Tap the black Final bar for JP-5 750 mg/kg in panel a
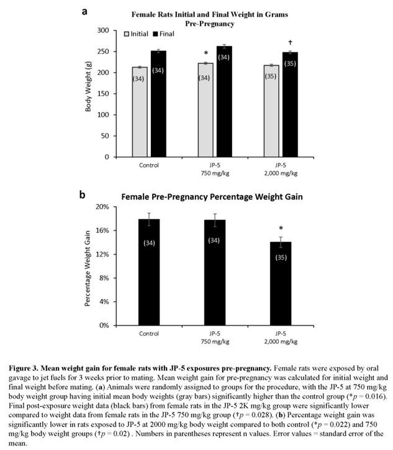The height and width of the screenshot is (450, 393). click(224, 102)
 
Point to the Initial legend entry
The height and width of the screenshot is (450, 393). click(138, 33)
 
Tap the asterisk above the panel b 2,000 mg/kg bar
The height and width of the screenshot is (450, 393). click(281, 229)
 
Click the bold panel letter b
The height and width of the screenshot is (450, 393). click(83, 195)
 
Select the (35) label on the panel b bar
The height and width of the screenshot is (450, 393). click(281, 257)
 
